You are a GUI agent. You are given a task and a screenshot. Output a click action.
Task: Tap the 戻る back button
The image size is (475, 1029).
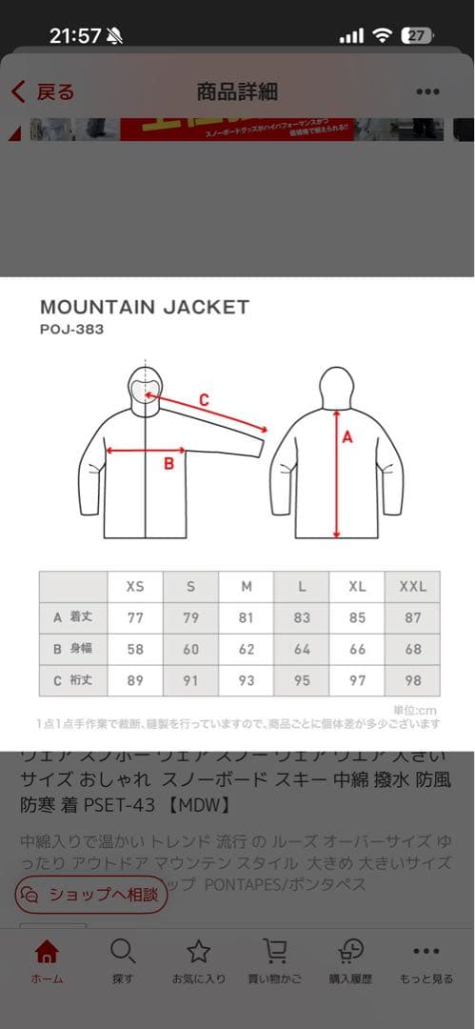[x=43, y=92]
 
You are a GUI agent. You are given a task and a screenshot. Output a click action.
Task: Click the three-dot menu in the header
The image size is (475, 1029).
[x=427, y=92]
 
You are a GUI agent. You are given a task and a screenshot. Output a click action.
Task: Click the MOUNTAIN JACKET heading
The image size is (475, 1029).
[x=145, y=307]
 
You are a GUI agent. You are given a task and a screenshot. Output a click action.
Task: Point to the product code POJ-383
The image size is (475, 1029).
[x=71, y=330]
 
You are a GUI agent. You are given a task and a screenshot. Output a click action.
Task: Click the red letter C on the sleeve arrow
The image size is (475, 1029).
[x=204, y=400]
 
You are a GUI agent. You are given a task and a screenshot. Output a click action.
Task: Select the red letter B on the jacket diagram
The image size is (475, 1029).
[x=168, y=464]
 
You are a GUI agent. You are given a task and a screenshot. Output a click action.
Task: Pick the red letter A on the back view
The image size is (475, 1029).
[x=346, y=437]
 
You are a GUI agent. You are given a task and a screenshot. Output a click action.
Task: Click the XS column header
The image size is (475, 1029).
[x=135, y=586]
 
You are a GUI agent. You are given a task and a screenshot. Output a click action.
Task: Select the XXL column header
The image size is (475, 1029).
[x=412, y=586]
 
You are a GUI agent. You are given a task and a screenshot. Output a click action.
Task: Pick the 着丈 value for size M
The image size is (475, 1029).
[x=247, y=617]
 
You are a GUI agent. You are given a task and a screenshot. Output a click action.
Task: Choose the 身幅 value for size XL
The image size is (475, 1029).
[x=357, y=649]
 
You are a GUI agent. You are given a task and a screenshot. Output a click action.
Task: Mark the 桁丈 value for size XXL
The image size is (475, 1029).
[x=412, y=680]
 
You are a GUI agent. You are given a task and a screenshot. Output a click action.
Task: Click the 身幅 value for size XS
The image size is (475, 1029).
[x=135, y=649]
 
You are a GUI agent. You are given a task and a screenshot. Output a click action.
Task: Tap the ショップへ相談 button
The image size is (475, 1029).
[x=91, y=895]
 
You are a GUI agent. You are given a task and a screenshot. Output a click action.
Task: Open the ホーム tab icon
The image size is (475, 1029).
[x=47, y=952]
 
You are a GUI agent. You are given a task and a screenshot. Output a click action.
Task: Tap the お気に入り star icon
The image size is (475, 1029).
[x=198, y=952]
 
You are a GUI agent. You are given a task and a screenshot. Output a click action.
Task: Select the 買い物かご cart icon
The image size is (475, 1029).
[x=275, y=952]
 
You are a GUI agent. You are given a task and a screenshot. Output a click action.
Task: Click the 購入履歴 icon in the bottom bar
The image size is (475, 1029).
[x=351, y=952]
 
